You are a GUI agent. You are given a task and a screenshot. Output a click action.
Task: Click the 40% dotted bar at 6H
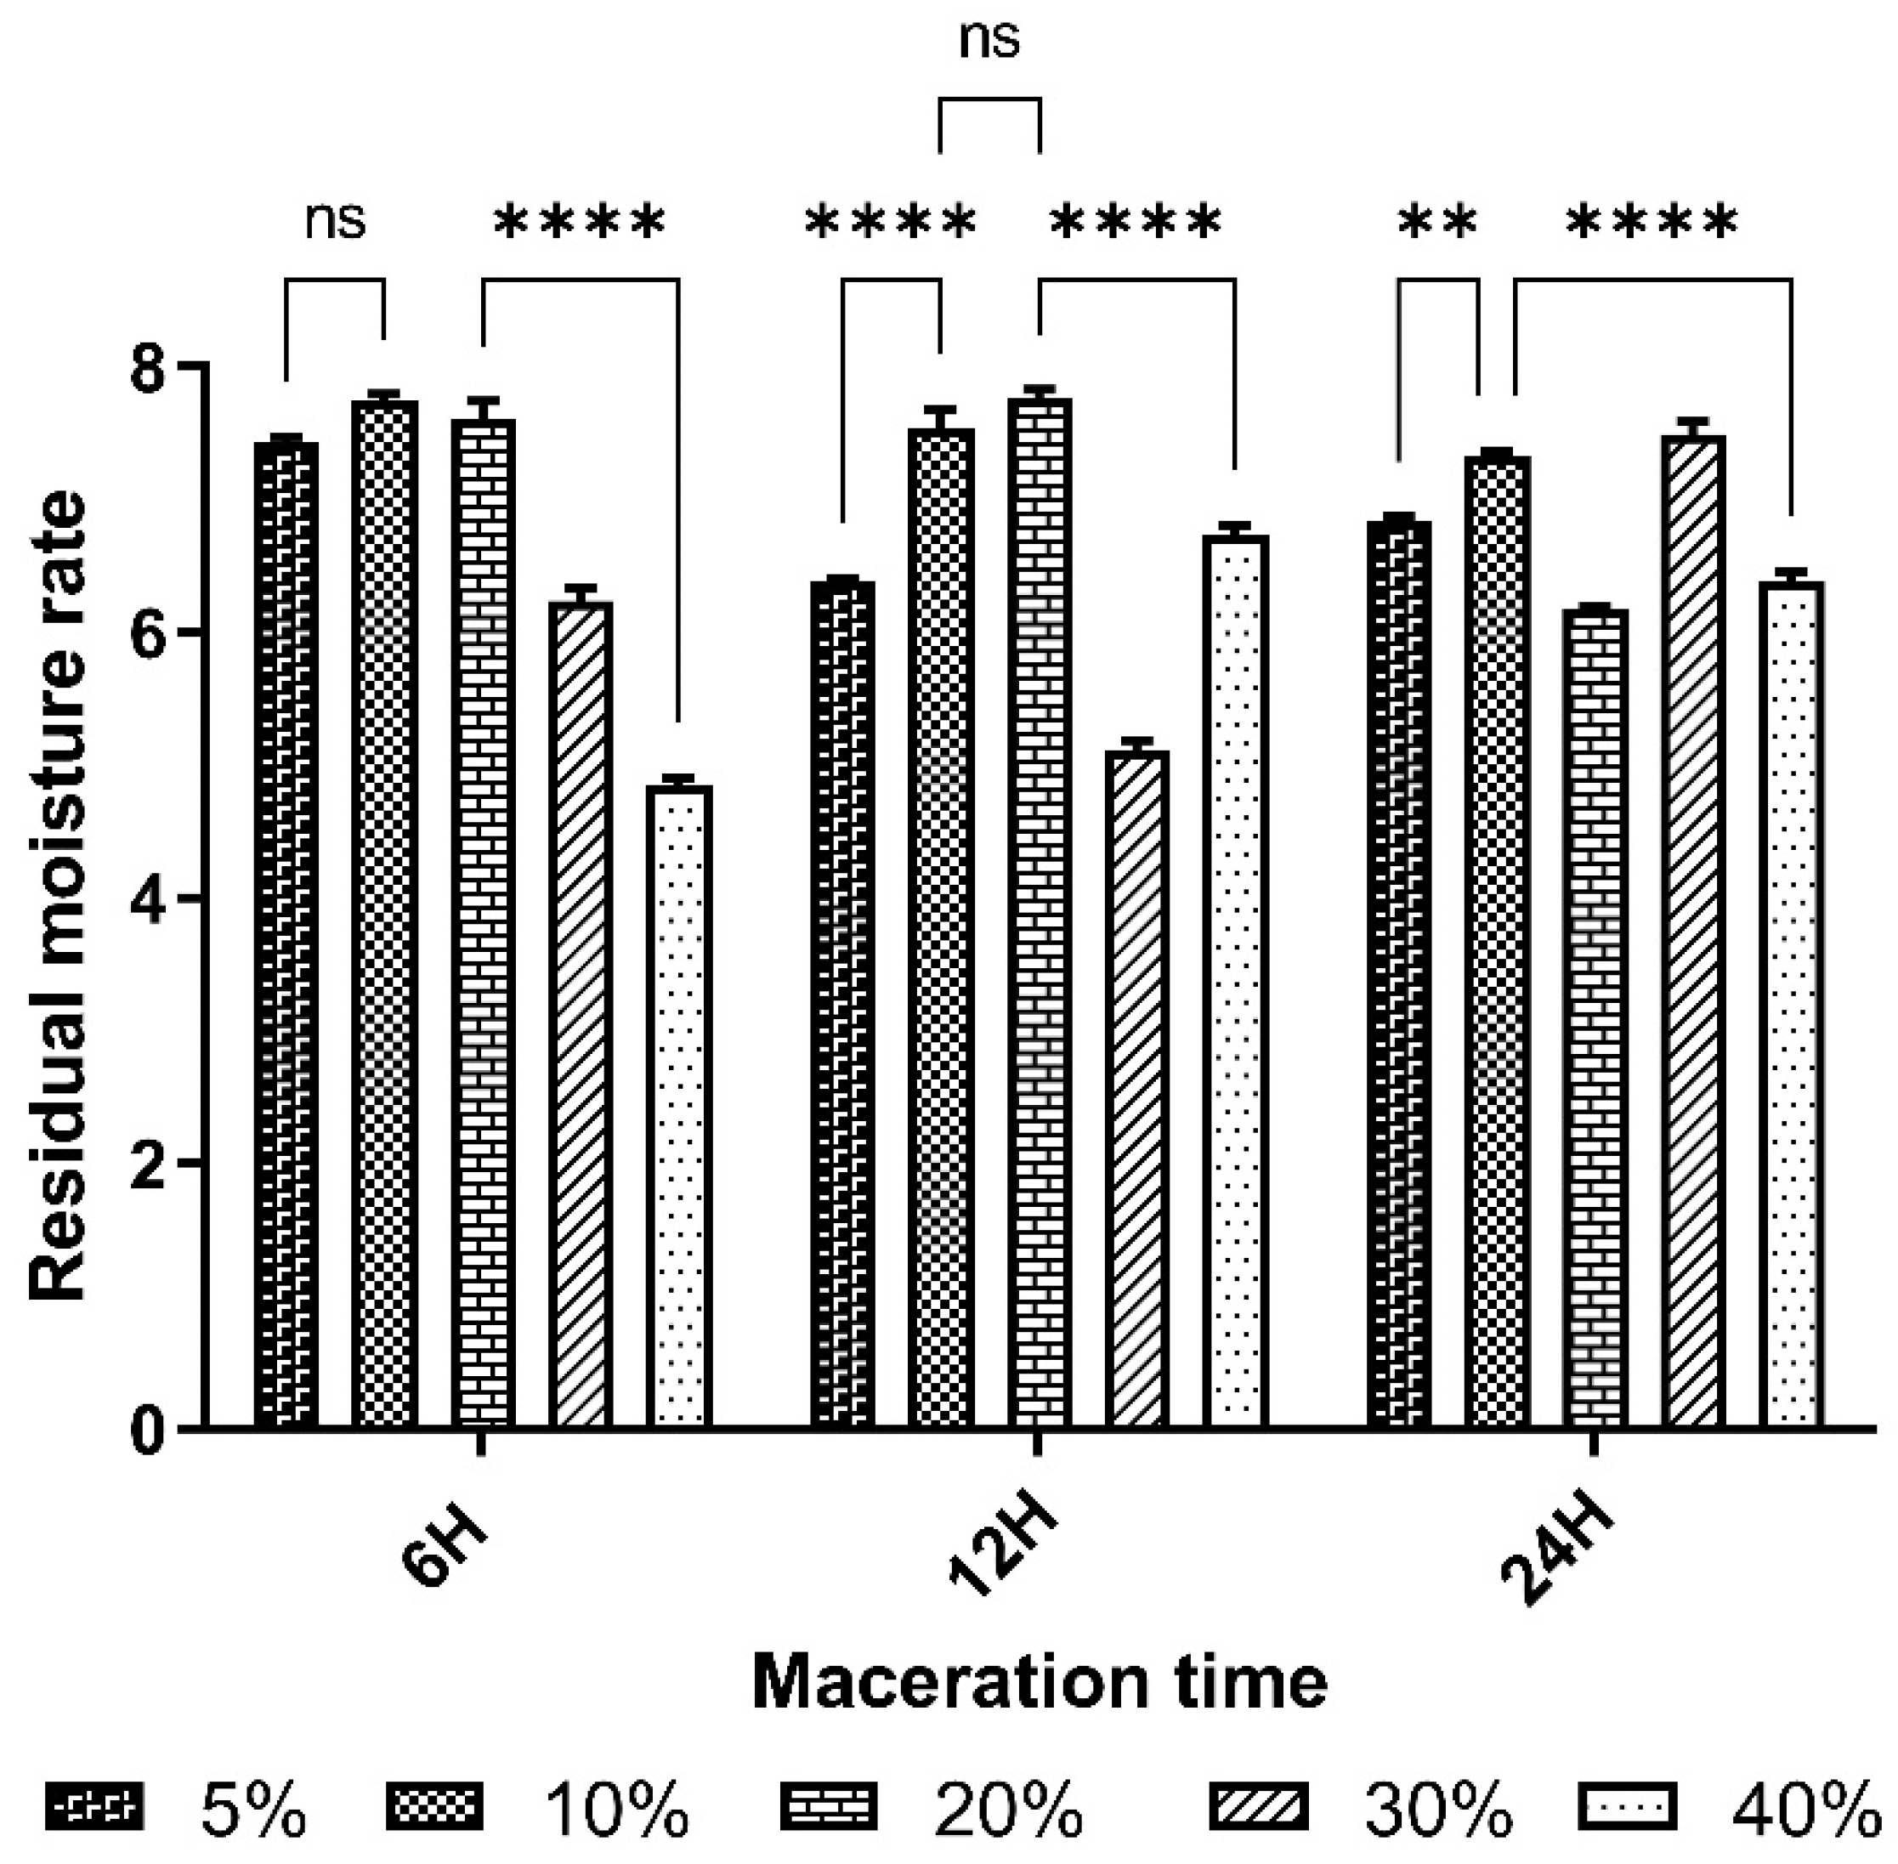coord(678,1107)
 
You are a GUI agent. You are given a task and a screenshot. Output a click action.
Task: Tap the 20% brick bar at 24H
coord(1595,1018)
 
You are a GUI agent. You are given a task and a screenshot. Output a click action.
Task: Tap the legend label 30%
coord(1438,1809)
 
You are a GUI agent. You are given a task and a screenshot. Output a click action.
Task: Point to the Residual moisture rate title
coord(59,896)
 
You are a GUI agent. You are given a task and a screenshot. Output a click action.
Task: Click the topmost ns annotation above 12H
coord(989,39)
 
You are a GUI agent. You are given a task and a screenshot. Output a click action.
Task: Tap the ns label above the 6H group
coord(335,221)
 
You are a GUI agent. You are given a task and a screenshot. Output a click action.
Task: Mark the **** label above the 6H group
coord(580,224)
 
